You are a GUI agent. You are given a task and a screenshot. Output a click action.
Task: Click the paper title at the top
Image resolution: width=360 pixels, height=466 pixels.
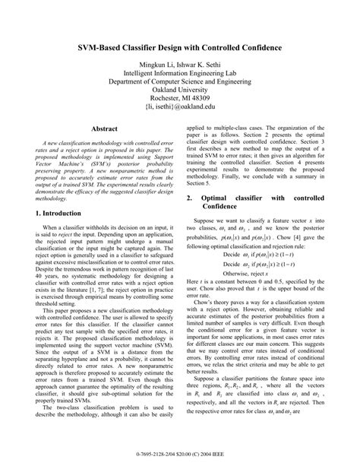(180, 48)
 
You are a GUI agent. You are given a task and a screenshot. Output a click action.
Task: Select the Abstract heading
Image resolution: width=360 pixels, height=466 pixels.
(104, 130)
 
